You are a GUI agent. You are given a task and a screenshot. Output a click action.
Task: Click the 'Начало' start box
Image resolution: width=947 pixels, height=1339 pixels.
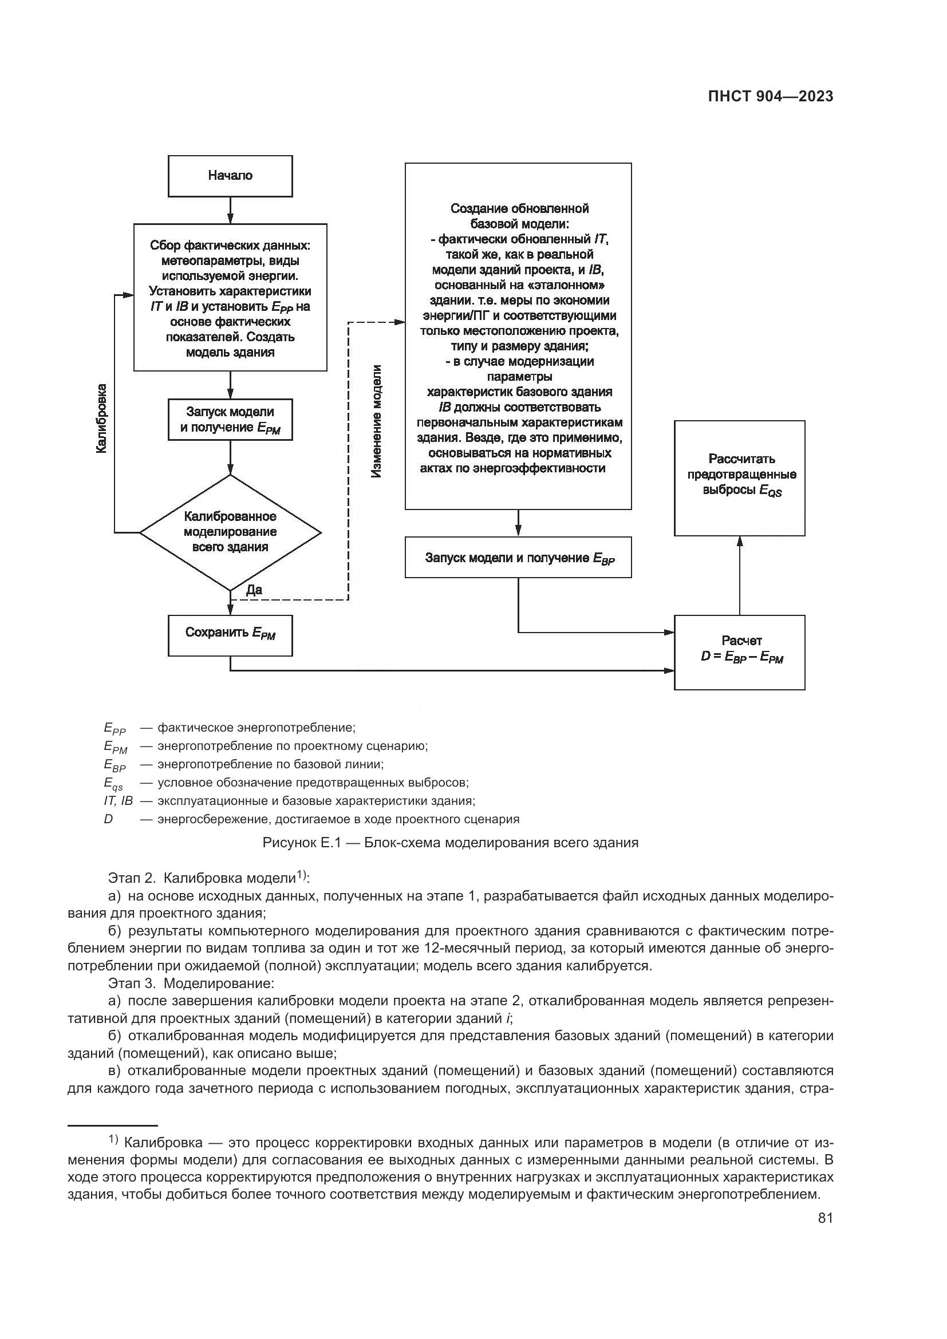[230, 176]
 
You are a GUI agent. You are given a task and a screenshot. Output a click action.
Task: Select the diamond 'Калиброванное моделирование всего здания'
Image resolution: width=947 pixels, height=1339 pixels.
[230, 532]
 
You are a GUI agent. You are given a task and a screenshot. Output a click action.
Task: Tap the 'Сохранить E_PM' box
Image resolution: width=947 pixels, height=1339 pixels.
[230, 634]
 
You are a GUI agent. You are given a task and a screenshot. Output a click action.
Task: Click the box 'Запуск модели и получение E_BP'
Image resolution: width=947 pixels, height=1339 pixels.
[518, 557]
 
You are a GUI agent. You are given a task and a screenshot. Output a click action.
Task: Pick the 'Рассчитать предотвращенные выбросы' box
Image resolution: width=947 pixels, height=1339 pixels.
[739, 477]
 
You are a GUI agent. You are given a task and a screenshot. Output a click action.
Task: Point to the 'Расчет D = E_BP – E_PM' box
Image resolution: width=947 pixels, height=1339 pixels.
[739, 652]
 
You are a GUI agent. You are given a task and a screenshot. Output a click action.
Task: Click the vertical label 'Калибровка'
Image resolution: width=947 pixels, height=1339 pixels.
[102, 417]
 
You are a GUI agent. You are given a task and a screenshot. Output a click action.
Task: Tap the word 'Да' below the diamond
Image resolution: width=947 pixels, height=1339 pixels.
[254, 590]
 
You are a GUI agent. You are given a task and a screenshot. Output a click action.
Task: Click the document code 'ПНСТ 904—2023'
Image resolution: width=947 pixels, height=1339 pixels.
[770, 97]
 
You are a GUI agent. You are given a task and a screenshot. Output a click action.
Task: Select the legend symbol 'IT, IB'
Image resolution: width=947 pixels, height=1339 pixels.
[119, 801]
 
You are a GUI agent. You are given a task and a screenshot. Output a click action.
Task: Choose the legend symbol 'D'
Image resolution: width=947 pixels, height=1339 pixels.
[108, 819]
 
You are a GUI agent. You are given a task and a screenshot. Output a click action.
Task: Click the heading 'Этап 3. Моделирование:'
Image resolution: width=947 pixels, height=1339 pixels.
[191, 983]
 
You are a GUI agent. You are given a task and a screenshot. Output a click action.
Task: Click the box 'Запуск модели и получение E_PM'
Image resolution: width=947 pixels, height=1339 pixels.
[230, 419]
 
